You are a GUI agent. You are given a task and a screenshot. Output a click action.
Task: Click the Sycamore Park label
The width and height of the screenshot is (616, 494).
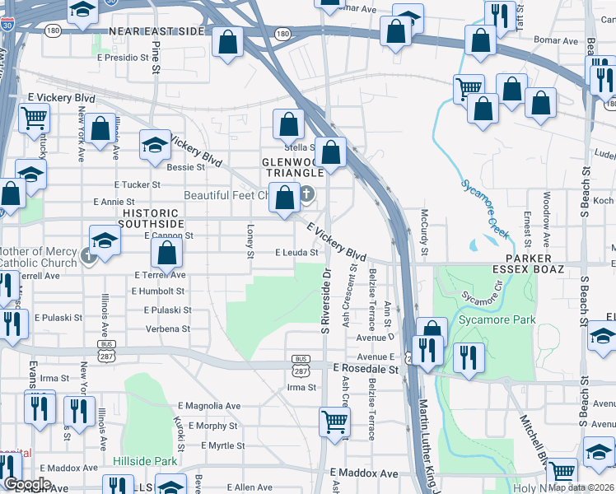(x=497, y=319)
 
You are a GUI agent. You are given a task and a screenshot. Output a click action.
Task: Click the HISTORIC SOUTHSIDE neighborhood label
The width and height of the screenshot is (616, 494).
(x=150, y=217)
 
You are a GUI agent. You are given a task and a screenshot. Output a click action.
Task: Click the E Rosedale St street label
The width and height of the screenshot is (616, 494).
(x=365, y=370)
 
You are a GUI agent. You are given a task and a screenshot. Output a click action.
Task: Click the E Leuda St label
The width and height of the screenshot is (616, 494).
(x=296, y=253)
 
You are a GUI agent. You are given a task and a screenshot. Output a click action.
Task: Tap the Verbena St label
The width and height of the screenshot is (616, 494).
(x=168, y=329)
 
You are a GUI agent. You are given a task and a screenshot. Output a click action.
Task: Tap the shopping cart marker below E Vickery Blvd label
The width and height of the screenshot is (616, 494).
(x=35, y=118)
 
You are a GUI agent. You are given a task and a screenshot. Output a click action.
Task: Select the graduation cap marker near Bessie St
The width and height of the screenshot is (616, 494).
(x=154, y=144)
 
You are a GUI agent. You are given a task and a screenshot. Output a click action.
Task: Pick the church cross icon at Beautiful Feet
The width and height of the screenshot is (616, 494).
(x=306, y=195)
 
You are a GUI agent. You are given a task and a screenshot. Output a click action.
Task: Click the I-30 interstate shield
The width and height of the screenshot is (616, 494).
(x=7, y=26)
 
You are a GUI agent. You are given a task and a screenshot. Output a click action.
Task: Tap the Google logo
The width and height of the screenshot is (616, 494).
(x=27, y=484)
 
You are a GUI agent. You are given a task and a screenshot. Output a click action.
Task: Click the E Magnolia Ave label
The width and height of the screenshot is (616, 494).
(x=209, y=406)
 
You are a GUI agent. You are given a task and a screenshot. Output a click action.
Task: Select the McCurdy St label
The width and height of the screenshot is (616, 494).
(x=426, y=220)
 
